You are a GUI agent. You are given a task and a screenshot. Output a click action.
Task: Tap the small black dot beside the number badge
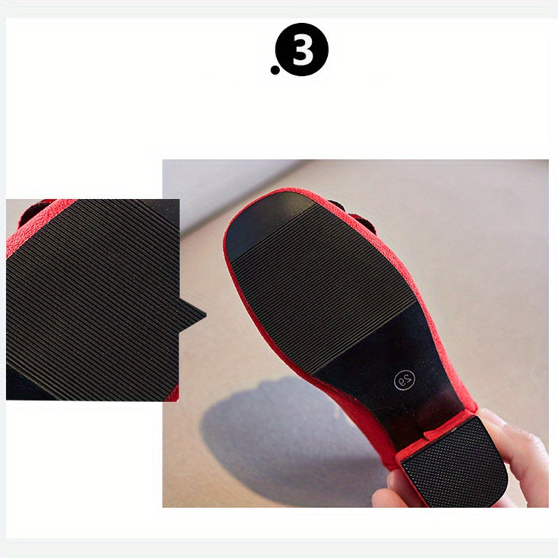point(275,70)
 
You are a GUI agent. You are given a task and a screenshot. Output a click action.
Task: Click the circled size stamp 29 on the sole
point(405,380)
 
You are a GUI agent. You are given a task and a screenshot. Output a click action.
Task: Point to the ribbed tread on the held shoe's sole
point(322,285)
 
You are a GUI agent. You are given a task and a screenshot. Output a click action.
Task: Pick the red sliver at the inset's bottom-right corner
point(173,393)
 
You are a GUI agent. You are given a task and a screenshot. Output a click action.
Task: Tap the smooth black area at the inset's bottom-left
point(25,384)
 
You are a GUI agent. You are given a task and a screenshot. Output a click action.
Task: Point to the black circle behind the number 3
point(302,50)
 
